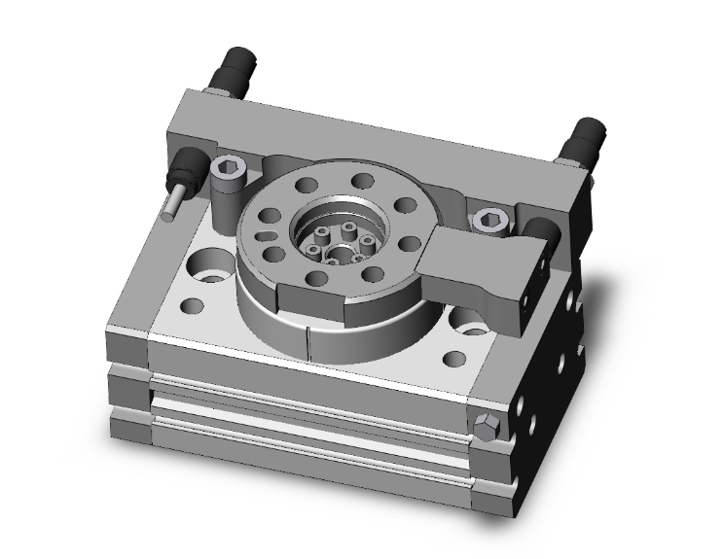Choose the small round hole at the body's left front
click(192, 306)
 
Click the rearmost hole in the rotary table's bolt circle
click(362, 180)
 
